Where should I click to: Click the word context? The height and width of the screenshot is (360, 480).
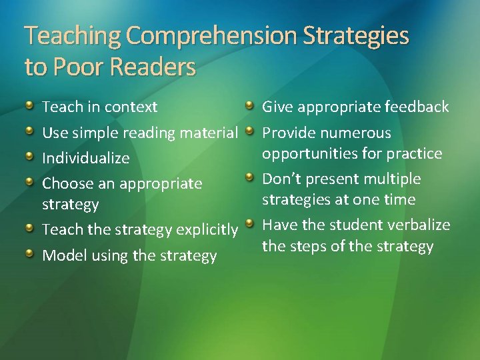(x=131, y=107)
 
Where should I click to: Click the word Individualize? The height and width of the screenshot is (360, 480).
(x=86, y=159)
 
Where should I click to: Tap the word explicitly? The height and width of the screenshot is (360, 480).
(x=207, y=230)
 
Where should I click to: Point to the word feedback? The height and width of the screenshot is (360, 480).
(x=419, y=107)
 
